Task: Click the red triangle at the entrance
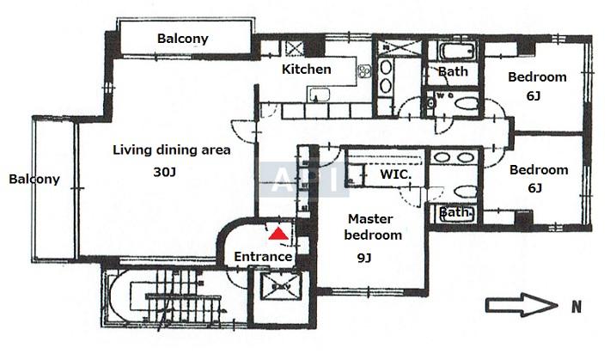(278, 234)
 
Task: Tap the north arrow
(522, 305)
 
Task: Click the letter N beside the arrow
(576, 307)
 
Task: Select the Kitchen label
(307, 70)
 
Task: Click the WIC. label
(396, 174)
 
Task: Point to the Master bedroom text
(373, 227)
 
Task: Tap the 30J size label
(165, 172)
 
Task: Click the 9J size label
(363, 258)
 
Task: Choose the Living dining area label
(172, 149)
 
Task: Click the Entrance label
(263, 257)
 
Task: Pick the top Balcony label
(183, 39)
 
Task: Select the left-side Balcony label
(34, 179)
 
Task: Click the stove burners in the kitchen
(363, 71)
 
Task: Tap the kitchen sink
(319, 95)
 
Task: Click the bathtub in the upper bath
(457, 52)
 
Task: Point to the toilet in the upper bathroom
(466, 104)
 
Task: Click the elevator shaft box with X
(280, 287)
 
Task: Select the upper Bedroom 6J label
(537, 86)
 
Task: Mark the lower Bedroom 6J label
(539, 179)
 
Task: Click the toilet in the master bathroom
(466, 192)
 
